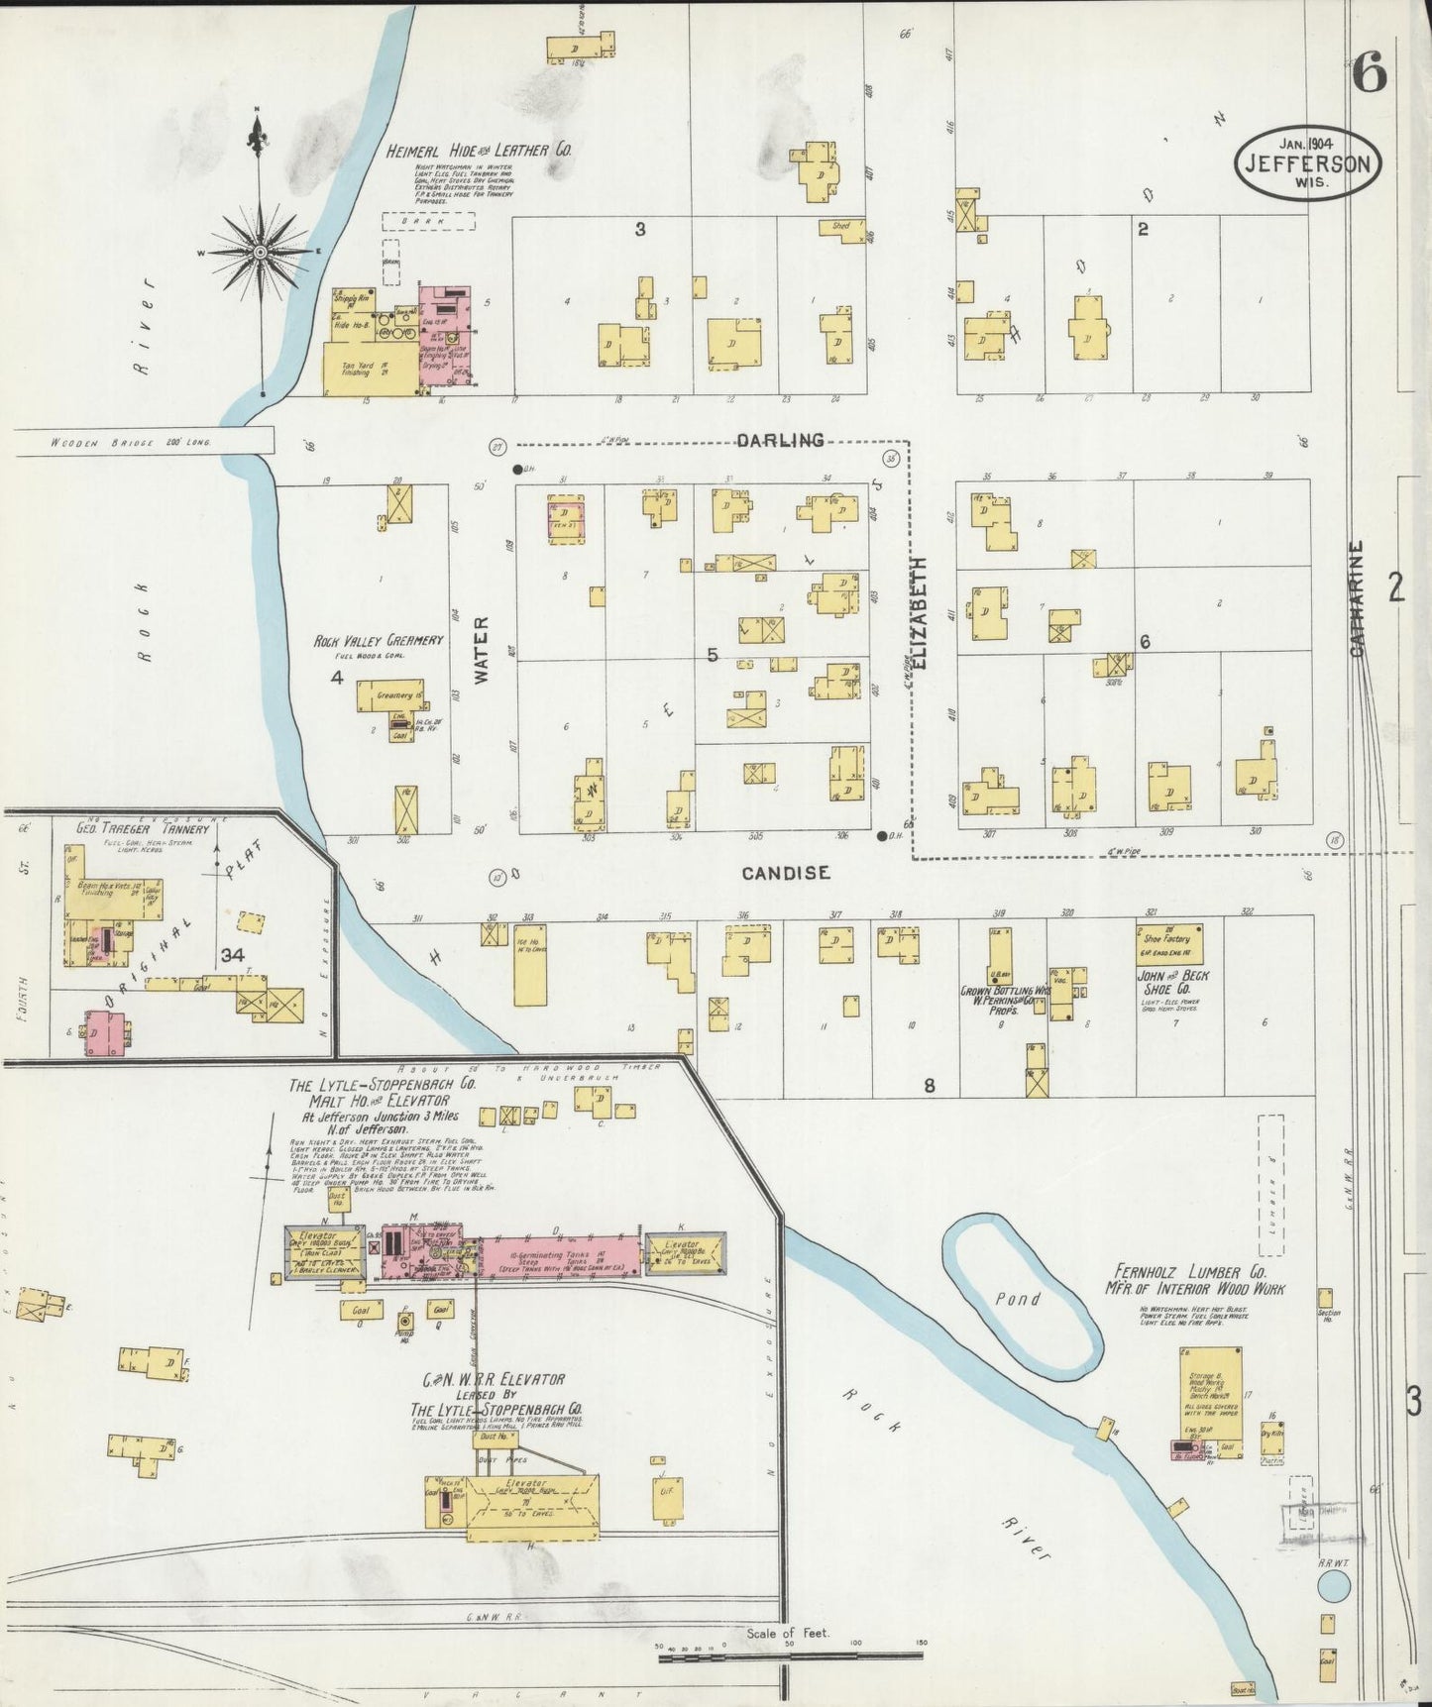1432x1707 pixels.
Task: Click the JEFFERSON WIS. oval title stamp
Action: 1307,161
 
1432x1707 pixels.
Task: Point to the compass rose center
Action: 260,253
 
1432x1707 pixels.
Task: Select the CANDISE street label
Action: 785,873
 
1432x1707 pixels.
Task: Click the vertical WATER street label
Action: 483,649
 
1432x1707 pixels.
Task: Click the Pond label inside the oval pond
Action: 1018,1298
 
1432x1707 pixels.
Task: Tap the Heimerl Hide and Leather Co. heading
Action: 480,151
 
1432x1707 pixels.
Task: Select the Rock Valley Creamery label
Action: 378,641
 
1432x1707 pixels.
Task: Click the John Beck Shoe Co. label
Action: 1171,982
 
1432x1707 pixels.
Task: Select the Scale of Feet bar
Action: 789,1654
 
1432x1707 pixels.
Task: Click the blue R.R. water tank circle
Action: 1333,1587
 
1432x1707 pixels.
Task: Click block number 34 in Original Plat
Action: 233,955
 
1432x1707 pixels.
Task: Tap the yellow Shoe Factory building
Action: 1169,943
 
